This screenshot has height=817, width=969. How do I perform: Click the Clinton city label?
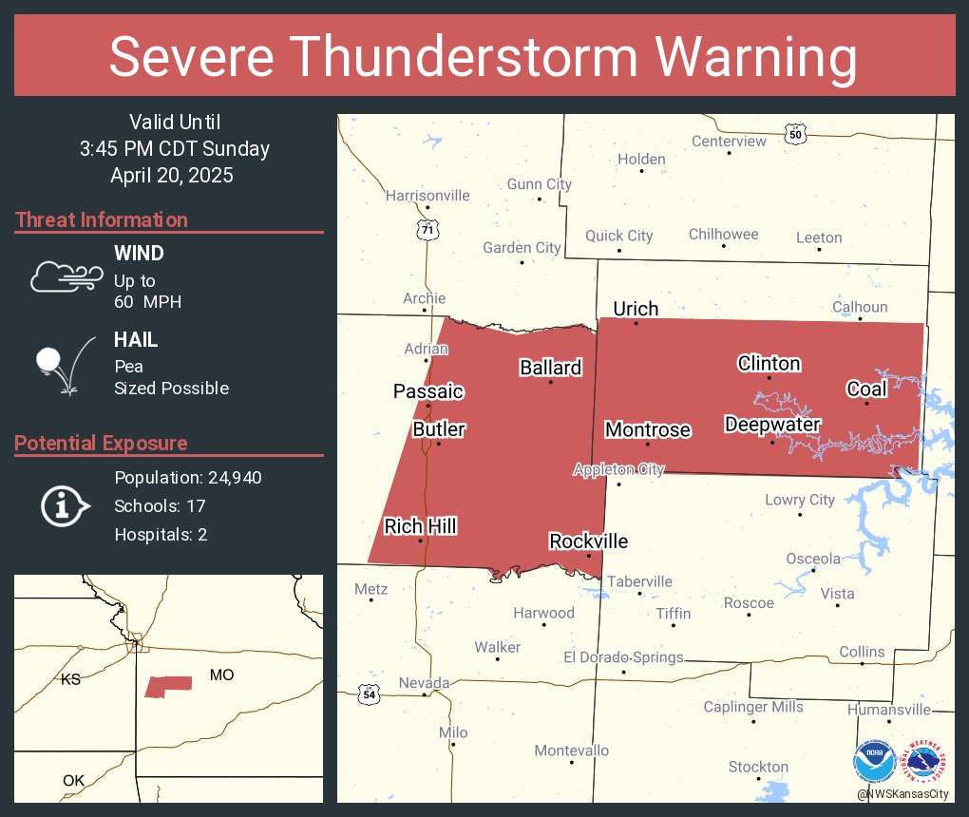tap(769, 363)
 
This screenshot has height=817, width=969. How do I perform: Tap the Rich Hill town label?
tap(420, 525)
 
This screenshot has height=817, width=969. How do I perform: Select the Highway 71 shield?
tap(427, 229)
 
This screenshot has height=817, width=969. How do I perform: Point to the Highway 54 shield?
tap(369, 694)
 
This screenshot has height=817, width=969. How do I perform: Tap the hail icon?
tap(63, 366)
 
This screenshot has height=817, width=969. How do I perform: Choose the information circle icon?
tap(64, 505)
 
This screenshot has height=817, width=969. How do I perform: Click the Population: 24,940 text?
tap(188, 477)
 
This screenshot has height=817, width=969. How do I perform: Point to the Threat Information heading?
tap(102, 219)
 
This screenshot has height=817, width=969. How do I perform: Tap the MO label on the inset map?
tap(221, 674)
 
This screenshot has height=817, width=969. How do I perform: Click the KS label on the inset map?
tap(71, 679)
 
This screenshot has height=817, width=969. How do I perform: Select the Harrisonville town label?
tap(427, 195)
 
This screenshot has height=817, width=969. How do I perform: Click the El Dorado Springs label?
tap(623, 656)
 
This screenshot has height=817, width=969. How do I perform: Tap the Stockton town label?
tap(758, 766)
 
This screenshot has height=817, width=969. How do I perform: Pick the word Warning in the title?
tap(750, 57)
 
